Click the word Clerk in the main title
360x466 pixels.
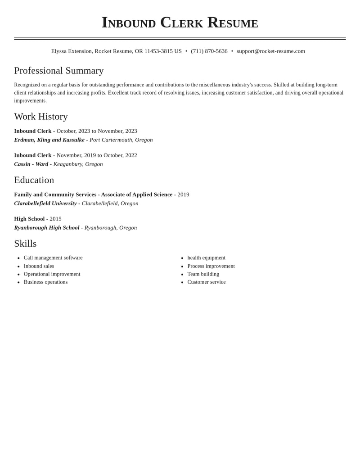[x=181, y=23]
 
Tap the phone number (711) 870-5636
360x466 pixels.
[x=209, y=51]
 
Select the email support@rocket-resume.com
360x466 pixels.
[x=271, y=51]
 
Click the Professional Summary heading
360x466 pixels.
[x=59, y=71]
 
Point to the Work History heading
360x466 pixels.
[x=41, y=117]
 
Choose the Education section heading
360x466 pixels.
[x=34, y=180]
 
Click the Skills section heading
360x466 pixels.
[x=25, y=244]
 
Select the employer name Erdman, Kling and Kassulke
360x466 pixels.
[x=49, y=140]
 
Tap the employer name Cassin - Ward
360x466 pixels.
[x=31, y=164]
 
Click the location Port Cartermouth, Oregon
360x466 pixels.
[x=121, y=140]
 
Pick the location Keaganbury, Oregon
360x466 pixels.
[x=78, y=164]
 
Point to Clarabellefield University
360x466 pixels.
[x=45, y=204]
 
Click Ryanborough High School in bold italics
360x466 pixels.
[x=47, y=228]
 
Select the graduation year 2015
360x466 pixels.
[x=55, y=219]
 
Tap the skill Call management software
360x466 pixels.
[x=53, y=258]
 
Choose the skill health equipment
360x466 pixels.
[x=207, y=258]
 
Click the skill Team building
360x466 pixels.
[x=203, y=274]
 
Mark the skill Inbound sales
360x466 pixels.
[x=39, y=266]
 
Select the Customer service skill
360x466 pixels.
[x=207, y=282]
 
